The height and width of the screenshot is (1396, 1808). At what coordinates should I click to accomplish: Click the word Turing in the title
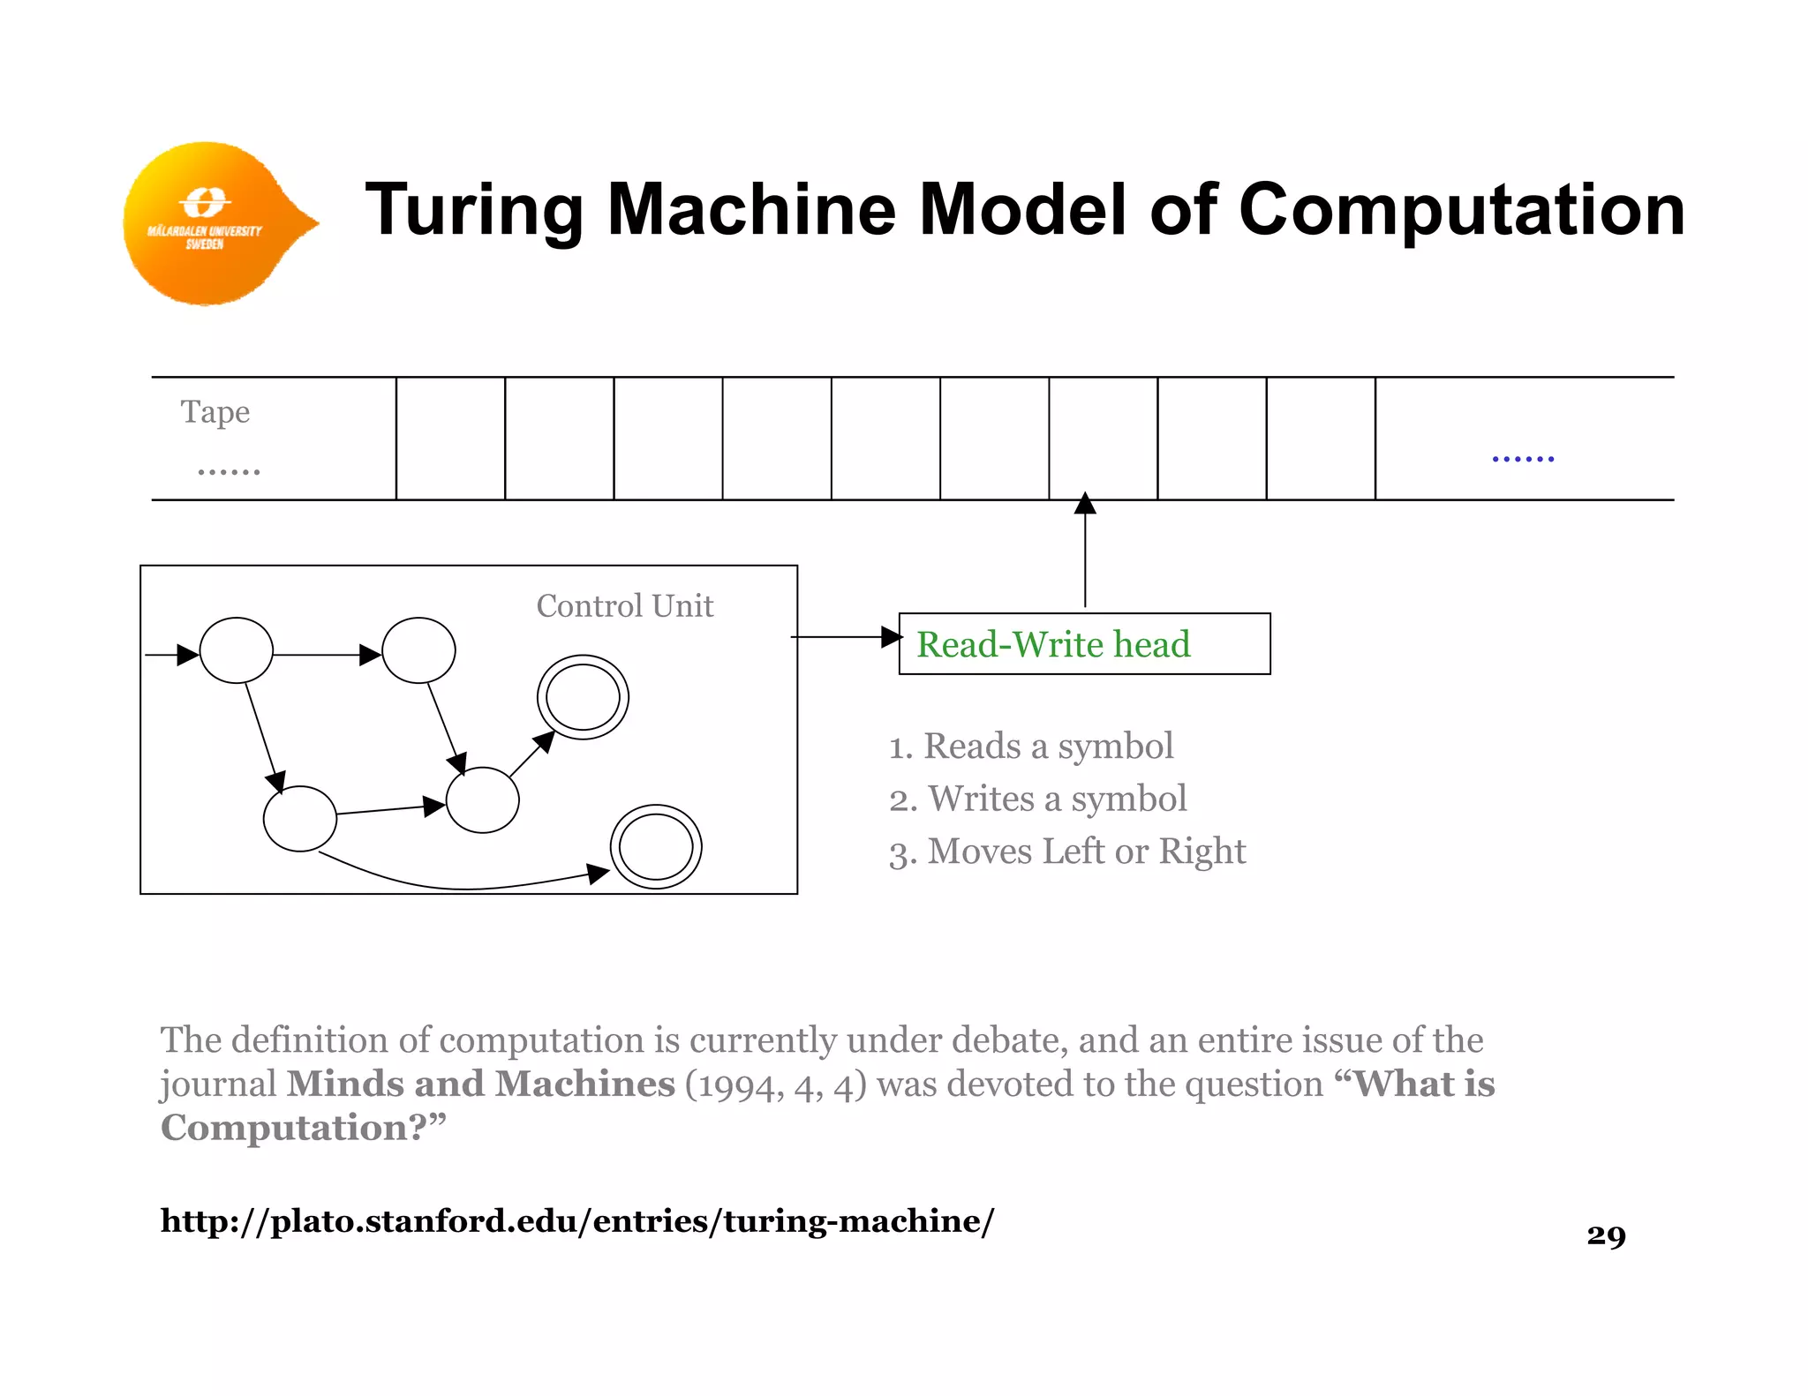[472, 210]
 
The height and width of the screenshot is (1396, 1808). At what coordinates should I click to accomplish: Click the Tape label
[215, 412]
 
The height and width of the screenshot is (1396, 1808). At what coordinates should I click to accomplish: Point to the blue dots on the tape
[1522, 458]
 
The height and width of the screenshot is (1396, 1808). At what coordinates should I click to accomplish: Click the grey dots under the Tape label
[229, 472]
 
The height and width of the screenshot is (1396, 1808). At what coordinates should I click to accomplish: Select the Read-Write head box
[1083, 644]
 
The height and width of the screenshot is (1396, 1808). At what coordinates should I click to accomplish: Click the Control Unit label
[624, 606]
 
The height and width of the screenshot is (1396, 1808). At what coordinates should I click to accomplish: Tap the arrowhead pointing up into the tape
[1085, 503]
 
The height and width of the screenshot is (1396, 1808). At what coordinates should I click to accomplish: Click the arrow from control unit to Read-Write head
[843, 636]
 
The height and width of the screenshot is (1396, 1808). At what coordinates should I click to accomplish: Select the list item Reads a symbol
[1030, 747]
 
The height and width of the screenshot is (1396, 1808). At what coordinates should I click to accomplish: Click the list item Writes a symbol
[1037, 799]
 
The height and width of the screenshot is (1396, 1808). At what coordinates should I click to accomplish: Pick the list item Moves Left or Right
[1066, 852]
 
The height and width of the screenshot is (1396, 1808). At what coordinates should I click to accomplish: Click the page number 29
[1605, 1235]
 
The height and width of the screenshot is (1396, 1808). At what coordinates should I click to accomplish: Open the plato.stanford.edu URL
[576, 1221]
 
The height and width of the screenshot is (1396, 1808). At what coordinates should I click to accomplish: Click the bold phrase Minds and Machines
[481, 1084]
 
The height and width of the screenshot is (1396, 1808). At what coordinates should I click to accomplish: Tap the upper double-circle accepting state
[583, 697]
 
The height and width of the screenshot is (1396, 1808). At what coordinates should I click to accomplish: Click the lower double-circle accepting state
[656, 846]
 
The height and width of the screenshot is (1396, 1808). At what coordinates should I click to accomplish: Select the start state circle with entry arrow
[237, 650]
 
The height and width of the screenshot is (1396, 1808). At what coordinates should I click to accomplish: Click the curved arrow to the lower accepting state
[459, 885]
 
